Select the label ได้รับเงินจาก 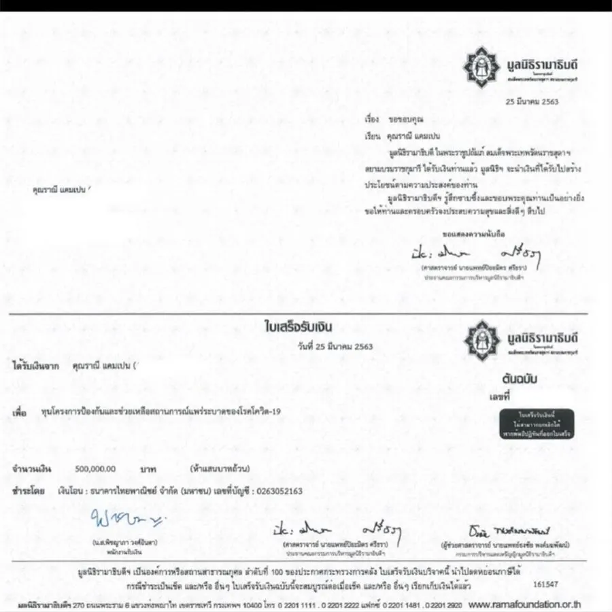[x=34, y=365]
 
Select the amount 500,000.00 [x=96, y=469]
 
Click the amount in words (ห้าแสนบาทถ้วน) [x=222, y=469]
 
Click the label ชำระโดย [x=29, y=490]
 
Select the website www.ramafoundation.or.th [x=525, y=604]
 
